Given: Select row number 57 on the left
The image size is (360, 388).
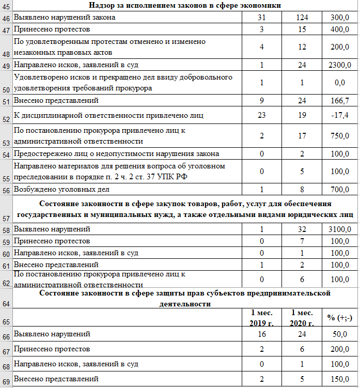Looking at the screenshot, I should click(x=6, y=219).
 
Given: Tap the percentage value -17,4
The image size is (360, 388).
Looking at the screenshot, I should click(x=339, y=115).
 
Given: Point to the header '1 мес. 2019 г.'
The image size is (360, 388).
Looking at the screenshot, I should click(x=262, y=318).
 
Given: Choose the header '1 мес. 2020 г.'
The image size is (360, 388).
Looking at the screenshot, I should click(x=302, y=318).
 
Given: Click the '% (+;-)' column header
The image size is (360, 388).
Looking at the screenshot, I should click(x=339, y=318).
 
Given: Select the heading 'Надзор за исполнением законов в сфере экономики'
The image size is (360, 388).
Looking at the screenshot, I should click(x=185, y=6).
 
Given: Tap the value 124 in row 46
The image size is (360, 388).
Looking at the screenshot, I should click(x=302, y=18).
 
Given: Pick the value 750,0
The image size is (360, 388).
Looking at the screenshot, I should click(x=339, y=136).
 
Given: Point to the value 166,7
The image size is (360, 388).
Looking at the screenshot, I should click(x=339, y=100).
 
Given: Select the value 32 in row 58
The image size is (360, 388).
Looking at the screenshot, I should click(x=302, y=229).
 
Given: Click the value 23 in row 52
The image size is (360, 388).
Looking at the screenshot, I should click(x=262, y=115).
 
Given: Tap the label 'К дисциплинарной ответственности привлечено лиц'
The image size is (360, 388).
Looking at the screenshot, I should click(x=109, y=115).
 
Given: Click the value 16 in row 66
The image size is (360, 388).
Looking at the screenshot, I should click(x=262, y=334).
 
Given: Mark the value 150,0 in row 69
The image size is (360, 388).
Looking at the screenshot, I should click(x=339, y=380).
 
